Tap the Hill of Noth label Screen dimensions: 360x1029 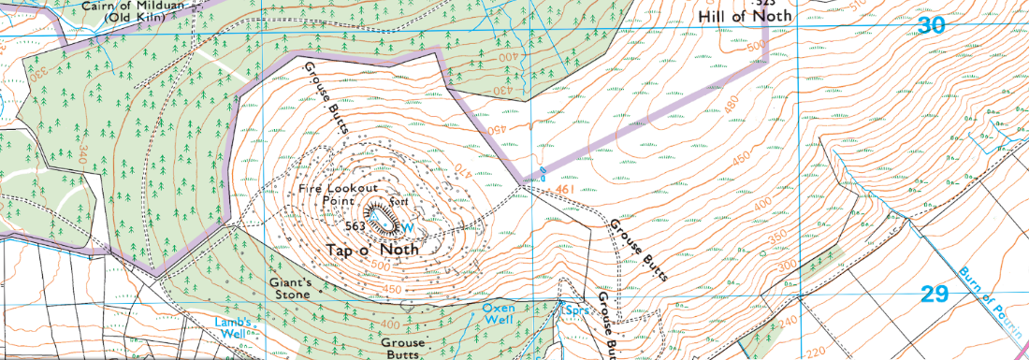point(746,16)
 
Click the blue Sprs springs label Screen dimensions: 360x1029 point(571,306)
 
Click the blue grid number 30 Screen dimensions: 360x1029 point(931,26)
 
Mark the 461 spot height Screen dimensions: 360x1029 point(563,192)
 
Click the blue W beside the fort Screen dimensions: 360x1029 point(407,225)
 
